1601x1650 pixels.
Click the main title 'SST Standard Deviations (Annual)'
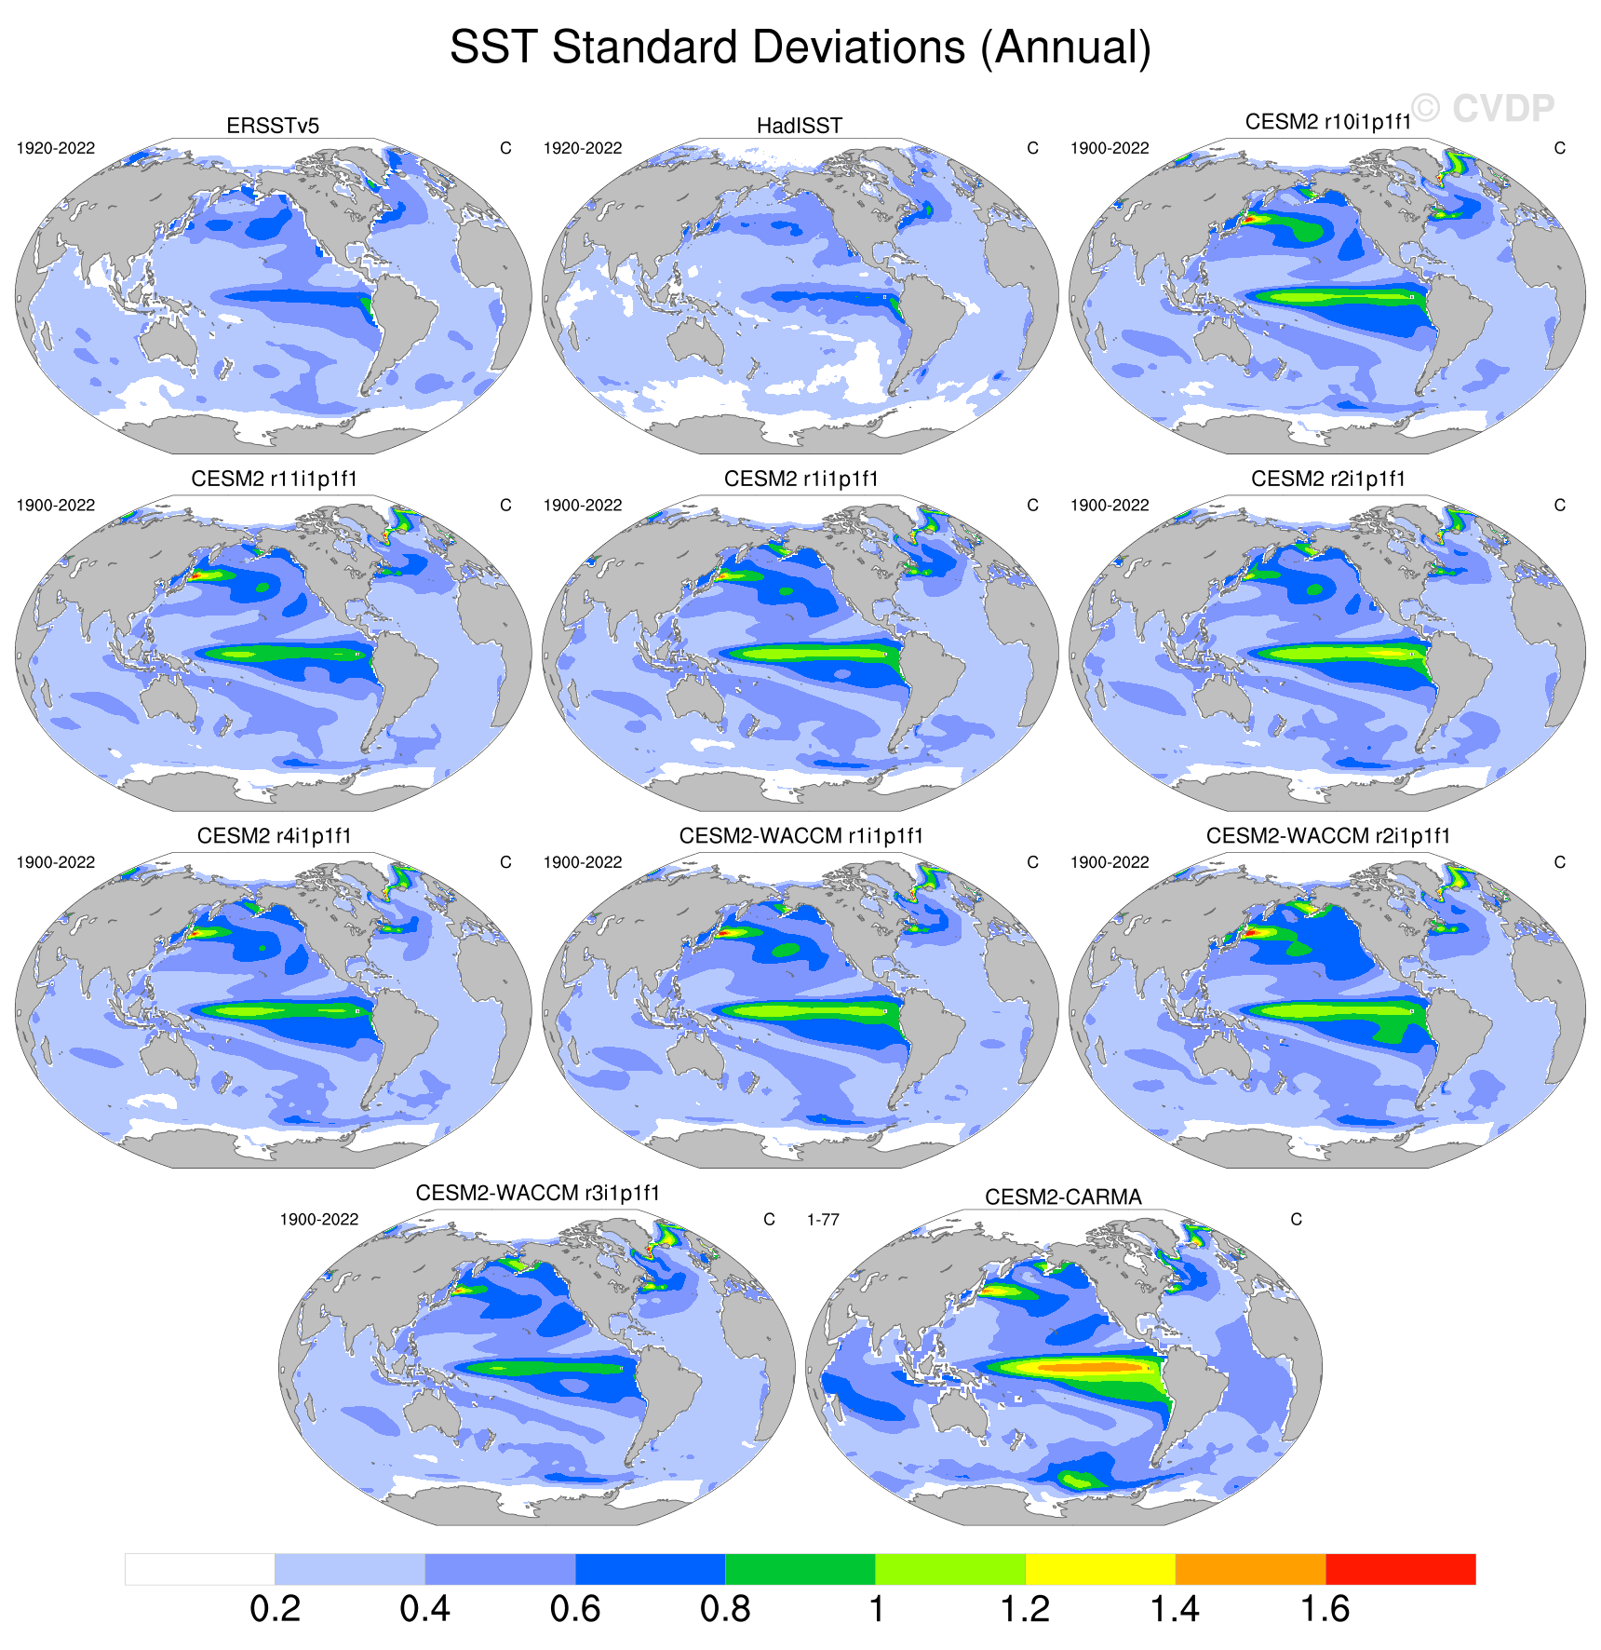coord(800,47)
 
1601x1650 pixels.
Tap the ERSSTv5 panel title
coord(273,126)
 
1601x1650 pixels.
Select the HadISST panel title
coord(800,126)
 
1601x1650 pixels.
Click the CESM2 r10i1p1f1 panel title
coord(1328,122)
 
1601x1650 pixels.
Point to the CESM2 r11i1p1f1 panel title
coord(274,479)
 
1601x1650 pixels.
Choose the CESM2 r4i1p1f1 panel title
coord(274,836)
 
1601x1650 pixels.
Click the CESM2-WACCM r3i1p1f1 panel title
coord(537,1193)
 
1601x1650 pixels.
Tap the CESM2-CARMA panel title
coord(1063,1197)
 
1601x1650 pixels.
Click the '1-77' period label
coord(823,1220)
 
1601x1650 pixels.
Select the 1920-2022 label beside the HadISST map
coord(583,148)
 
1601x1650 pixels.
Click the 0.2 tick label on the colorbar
coord(275,1609)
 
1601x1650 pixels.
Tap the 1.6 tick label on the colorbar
coord(1325,1609)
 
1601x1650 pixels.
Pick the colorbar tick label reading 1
coord(876,1609)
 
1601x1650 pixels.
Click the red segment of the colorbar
coord(1400,1569)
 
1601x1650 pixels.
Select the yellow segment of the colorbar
coord(1100,1569)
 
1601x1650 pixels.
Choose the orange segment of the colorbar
coord(1250,1569)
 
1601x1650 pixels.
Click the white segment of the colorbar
coord(200,1569)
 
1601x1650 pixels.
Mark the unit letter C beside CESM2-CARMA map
coord(1296,1220)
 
